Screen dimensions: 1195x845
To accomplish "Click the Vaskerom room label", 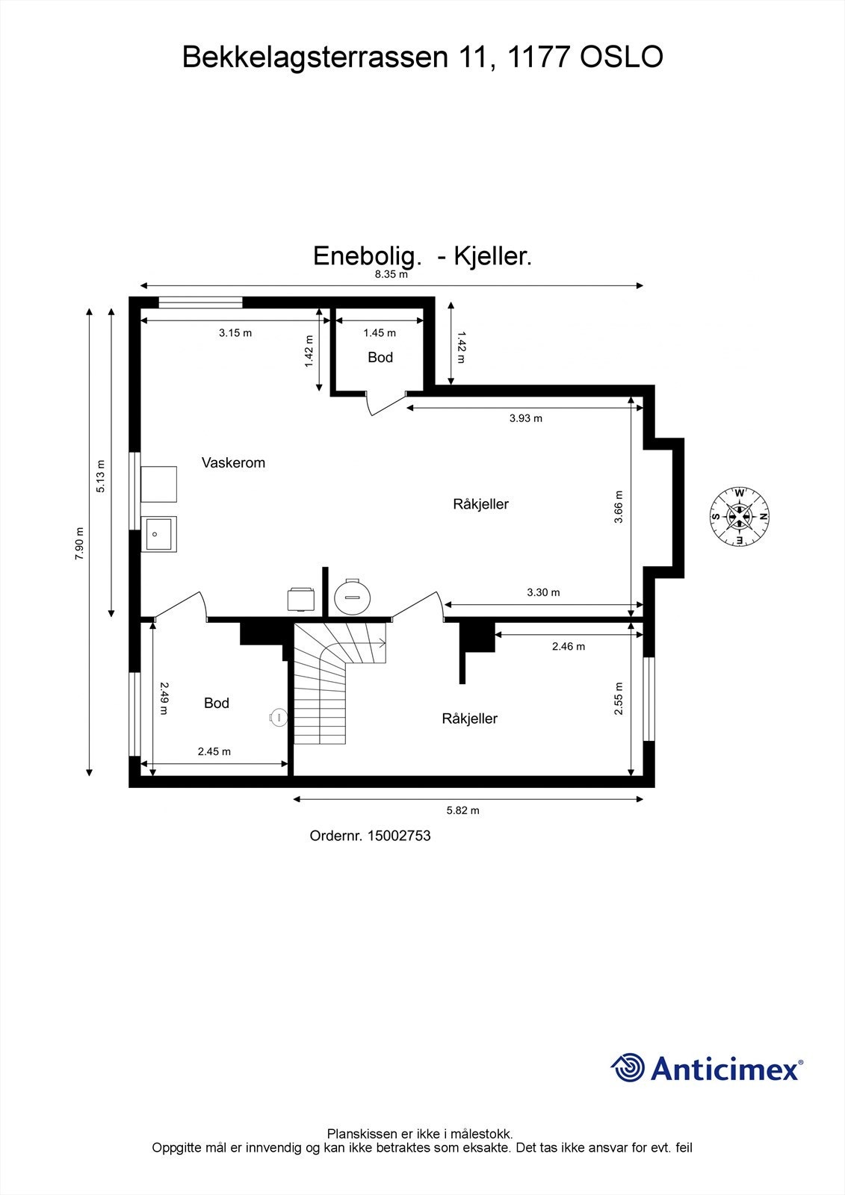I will click(x=233, y=463).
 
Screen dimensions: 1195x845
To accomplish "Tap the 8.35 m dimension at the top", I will click(x=391, y=274).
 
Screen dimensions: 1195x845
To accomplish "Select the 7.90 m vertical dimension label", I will click(x=79, y=543).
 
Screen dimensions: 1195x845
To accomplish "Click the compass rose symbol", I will click(x=739, y=516).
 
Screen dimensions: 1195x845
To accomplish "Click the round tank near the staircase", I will click(x=352, y=595).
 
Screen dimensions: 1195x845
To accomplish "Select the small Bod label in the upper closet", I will click(x=380, y=358).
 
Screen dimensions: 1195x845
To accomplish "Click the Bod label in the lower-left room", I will click(x=216, y=703).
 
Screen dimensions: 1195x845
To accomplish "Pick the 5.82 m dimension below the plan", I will click(x=462, y=810).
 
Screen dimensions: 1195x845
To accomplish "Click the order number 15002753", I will click(x=398, y=836).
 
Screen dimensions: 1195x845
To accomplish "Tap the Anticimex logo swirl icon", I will click(x=627, y=1067).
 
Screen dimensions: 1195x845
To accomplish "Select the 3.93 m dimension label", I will click(x=525, y=418).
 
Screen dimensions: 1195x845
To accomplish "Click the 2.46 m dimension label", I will click(x=568, y=646).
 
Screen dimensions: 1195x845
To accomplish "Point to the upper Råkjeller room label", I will click(x=480, y=504).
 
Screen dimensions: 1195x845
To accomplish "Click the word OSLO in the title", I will click(x=622, y=58).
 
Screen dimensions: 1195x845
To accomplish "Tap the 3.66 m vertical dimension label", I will click(x=619, y=506).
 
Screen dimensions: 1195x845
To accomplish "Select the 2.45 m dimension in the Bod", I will click(x=214, y=751).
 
